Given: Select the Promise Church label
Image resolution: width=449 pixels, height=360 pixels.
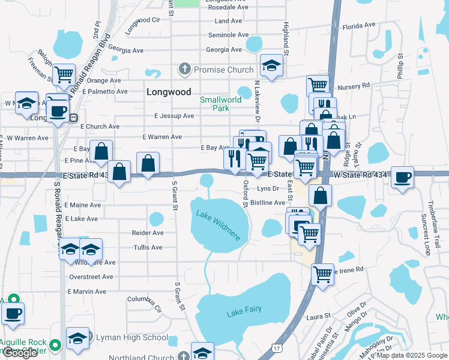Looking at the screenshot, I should pos(224,70).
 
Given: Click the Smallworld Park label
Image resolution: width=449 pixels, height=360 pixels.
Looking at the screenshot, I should pos(214,104).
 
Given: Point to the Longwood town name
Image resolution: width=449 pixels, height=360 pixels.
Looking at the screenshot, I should pos(169,92).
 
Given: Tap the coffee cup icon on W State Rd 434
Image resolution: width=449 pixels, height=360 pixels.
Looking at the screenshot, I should pos(403,177).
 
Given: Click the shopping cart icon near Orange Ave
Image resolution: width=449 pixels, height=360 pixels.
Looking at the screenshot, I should pos(64,75).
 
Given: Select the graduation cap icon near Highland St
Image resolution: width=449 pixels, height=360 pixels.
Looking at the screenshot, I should pos(271,65).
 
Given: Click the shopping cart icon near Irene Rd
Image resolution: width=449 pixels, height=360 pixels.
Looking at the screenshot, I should pos(322,274).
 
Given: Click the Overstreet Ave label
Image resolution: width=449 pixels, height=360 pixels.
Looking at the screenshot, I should pos(91,277).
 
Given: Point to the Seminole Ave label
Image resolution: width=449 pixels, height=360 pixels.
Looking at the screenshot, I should pos(228,35).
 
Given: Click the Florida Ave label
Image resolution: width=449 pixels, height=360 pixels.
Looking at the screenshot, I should pos(359,26).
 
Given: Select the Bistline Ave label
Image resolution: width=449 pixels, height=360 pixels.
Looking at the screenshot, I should pos(268,203).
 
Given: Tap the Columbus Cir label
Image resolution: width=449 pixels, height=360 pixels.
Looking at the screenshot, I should pos(145,302).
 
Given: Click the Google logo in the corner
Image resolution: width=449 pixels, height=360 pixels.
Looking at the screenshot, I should pos(20,353).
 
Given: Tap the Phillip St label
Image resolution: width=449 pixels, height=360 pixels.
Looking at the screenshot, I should pos(400,67).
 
